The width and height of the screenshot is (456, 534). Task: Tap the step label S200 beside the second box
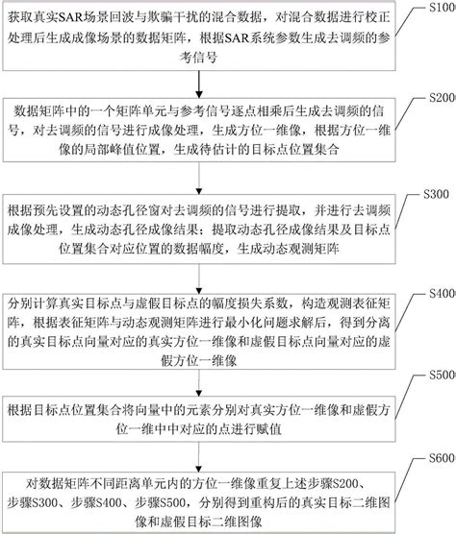439,100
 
